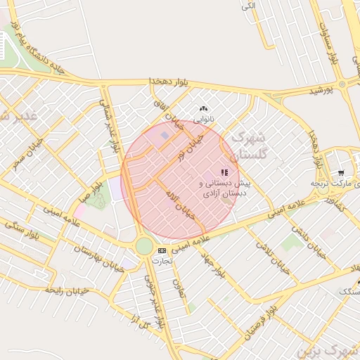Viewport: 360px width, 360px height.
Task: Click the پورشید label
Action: pyautogui.click(x=325, y=91)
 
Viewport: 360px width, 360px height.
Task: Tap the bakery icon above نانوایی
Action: pyautogui.click(x=204, y=108)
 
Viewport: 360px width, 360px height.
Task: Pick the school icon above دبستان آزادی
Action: pyautogui.click(x=224, y=172)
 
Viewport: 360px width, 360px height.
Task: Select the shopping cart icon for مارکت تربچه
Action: pyautogui.click(x=341, y=172)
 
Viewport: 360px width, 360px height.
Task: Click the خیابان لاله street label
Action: pyautogui.click(x=179, y=204)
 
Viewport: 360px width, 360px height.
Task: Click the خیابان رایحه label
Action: pyautogui.click(x=67, y=289)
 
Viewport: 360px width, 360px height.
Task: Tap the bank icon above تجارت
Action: pyautogui.click(x=162, y=250)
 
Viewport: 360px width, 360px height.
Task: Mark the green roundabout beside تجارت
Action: pyautogui.click(x=144, y=246)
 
